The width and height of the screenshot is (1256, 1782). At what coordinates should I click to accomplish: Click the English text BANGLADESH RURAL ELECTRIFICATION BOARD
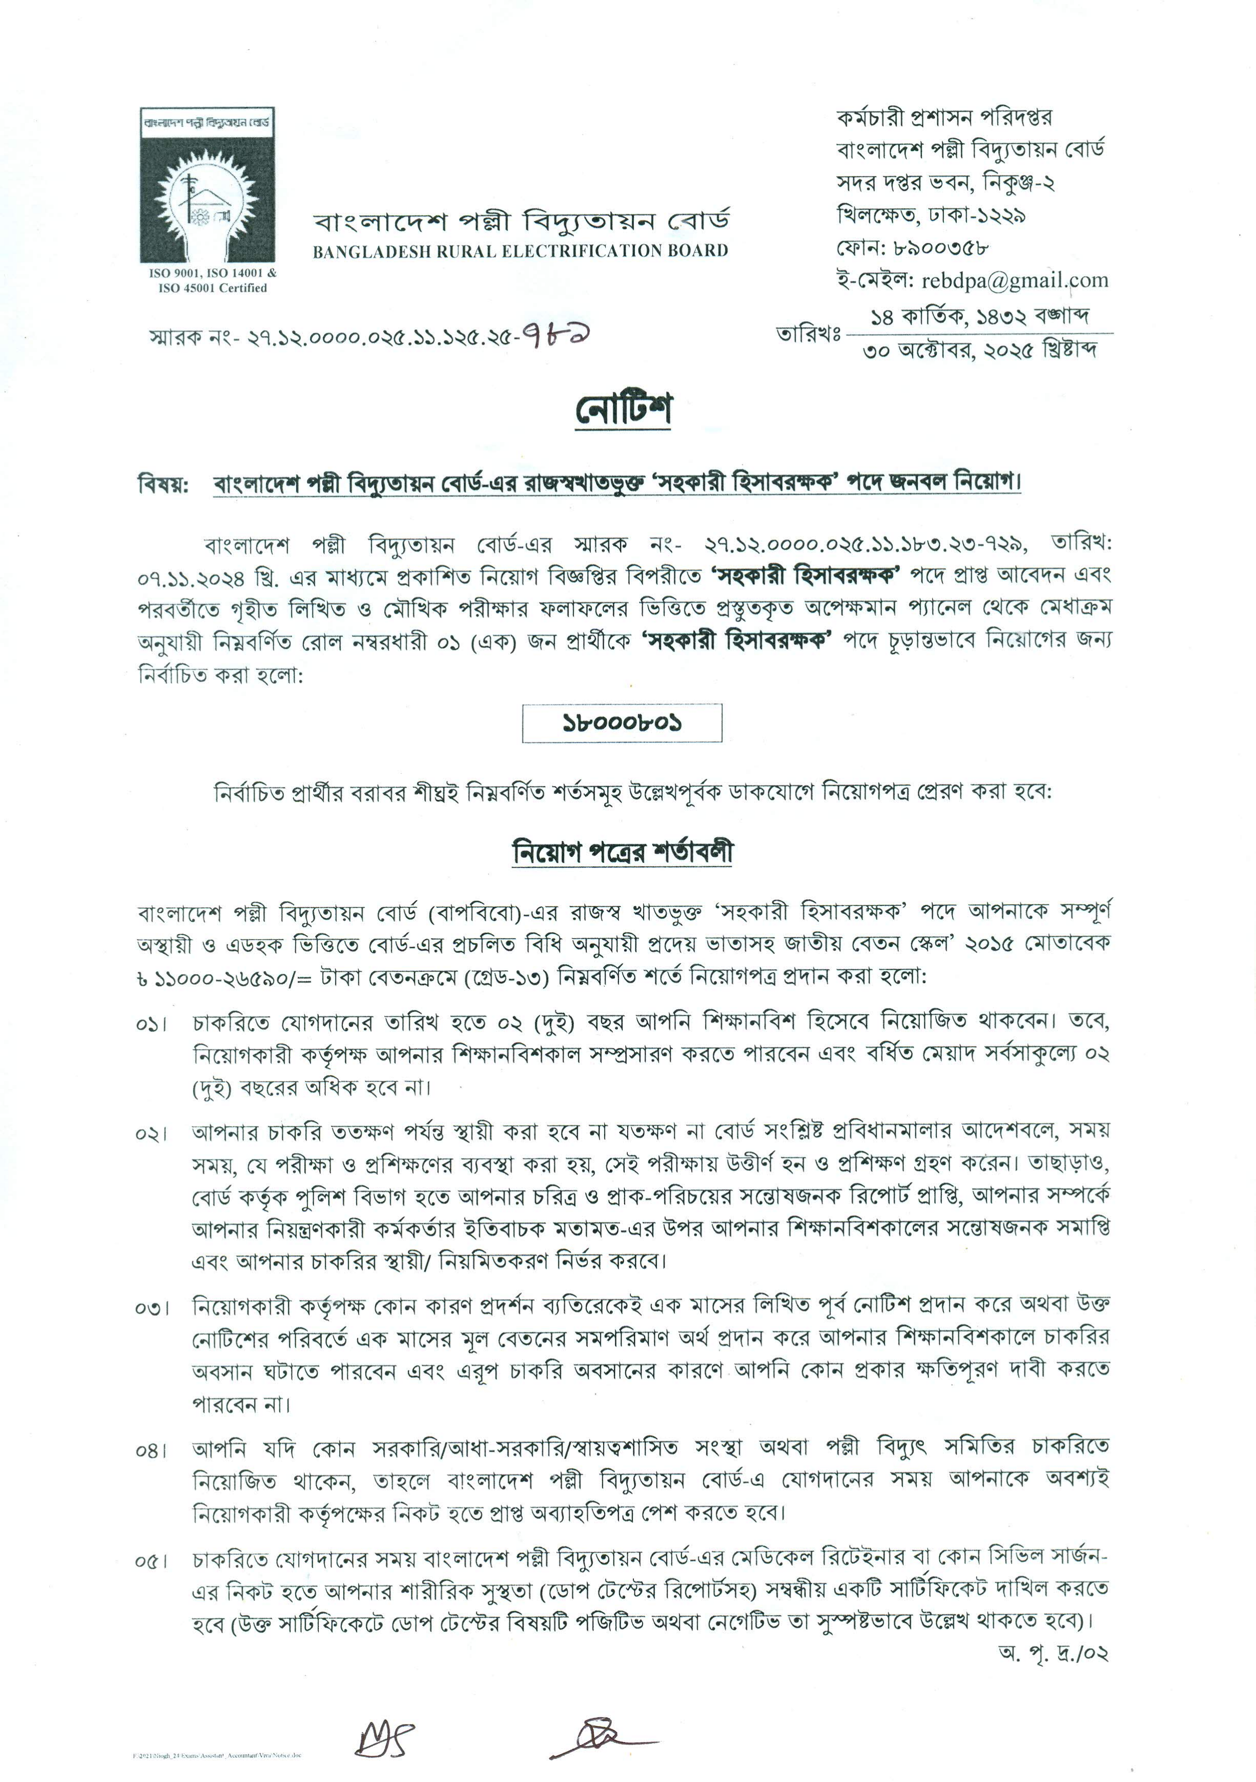[520, 251]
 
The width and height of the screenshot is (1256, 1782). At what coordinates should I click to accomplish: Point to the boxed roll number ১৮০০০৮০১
[622, 723]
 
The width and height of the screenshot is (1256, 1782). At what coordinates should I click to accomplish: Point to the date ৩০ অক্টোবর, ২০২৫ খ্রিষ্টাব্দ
[980, 351]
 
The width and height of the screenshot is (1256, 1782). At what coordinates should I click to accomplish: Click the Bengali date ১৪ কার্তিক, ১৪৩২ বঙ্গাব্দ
[980, 316]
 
